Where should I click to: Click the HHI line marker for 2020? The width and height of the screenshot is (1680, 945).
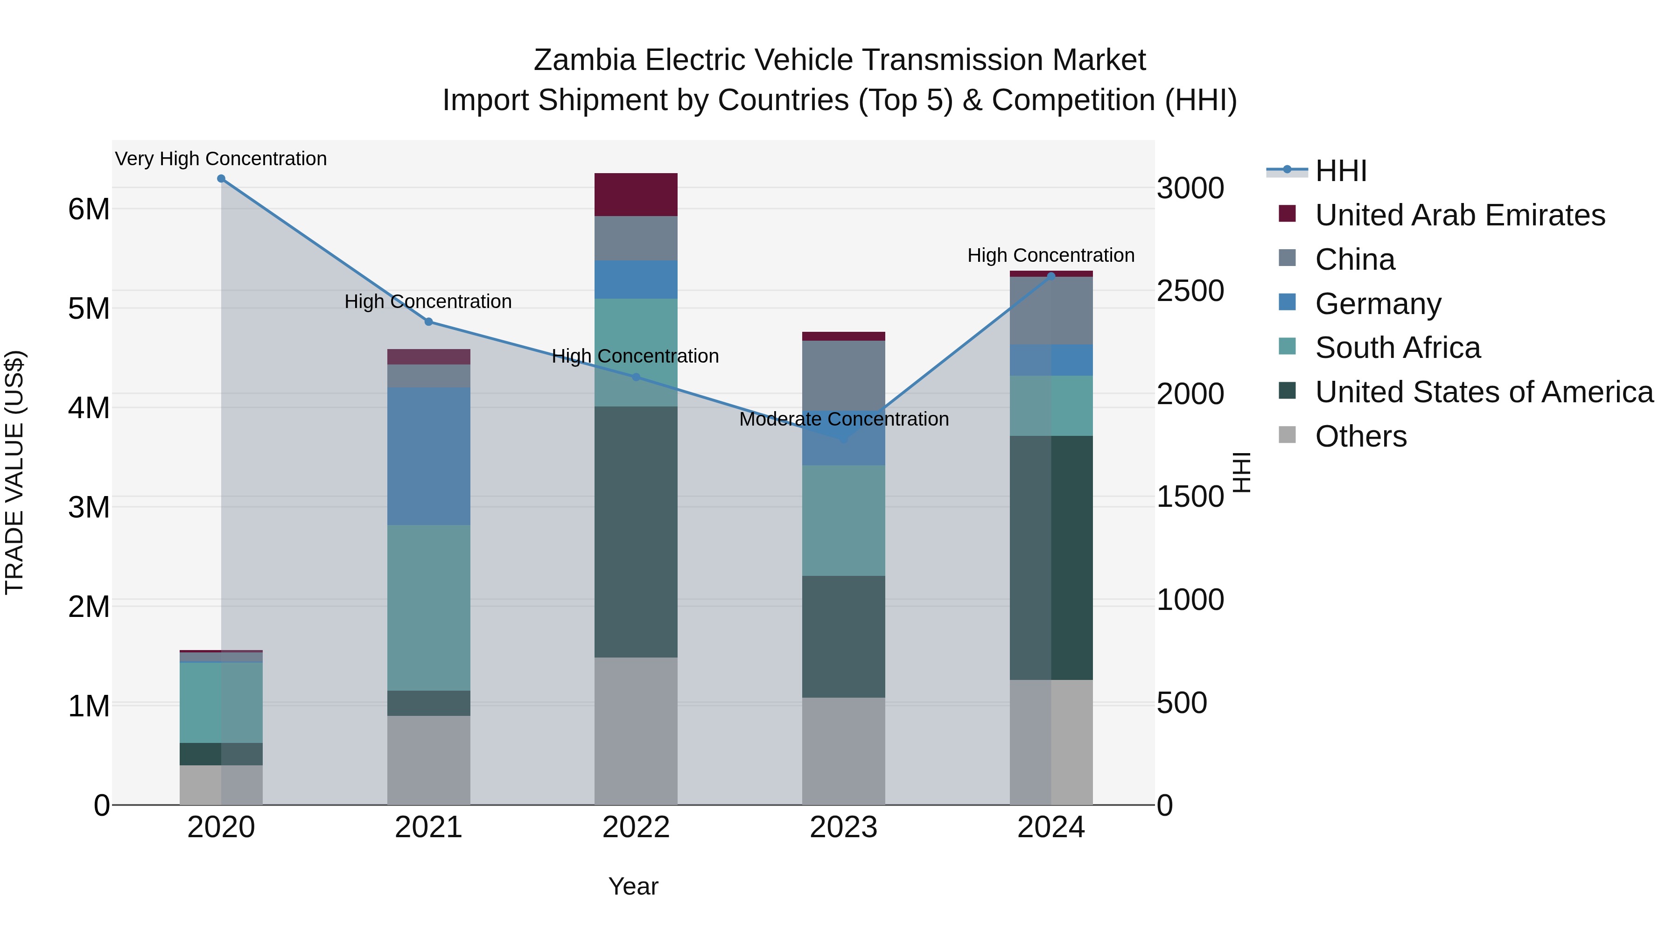point(221,179)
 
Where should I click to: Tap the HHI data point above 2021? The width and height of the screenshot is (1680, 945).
point(428,322)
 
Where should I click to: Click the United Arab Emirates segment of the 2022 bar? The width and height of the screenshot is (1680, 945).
point(636,194)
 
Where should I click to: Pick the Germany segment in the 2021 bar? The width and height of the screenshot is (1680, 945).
point(428,456)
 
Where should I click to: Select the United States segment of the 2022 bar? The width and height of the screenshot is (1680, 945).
point(636,532)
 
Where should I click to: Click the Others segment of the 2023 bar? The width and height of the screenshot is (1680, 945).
point(843,751)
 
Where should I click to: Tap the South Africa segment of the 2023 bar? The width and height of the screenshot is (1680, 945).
point(843,520)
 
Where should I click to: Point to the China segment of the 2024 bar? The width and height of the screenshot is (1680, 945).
point(1050,310)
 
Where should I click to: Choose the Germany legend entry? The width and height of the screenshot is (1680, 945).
point(1378,304)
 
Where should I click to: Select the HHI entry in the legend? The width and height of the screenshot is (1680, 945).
point(1340,171)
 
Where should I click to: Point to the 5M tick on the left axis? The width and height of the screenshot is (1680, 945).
point(89,308)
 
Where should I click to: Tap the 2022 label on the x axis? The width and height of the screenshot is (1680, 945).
point(636,827)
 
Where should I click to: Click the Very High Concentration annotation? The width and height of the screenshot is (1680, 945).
point(221,159)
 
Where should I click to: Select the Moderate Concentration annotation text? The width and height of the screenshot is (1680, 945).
point(843,419)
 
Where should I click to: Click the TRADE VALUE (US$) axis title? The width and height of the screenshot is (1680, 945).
point(14,472)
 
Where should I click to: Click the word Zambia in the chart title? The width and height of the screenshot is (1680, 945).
point(584,60)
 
